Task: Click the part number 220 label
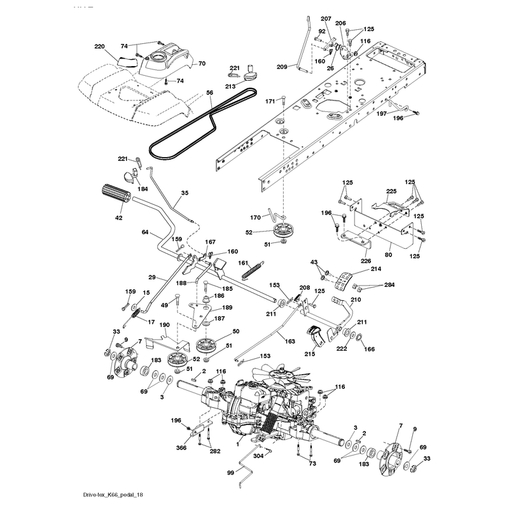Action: point(99,46)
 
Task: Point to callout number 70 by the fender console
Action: point(202,64)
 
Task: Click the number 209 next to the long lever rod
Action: point(282,67)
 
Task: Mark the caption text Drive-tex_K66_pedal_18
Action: point(113,495)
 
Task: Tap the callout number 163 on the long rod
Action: point(290,341)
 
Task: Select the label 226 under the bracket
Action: point(365,261)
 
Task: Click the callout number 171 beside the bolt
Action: point(270,102)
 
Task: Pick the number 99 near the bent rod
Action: point(230,473)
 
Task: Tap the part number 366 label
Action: point(181,448)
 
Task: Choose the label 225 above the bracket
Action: point(391,192)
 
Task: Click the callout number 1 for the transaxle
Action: point(237,444)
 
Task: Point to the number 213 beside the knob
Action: point(230,87)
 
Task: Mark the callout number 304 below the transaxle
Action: point(258,456)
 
